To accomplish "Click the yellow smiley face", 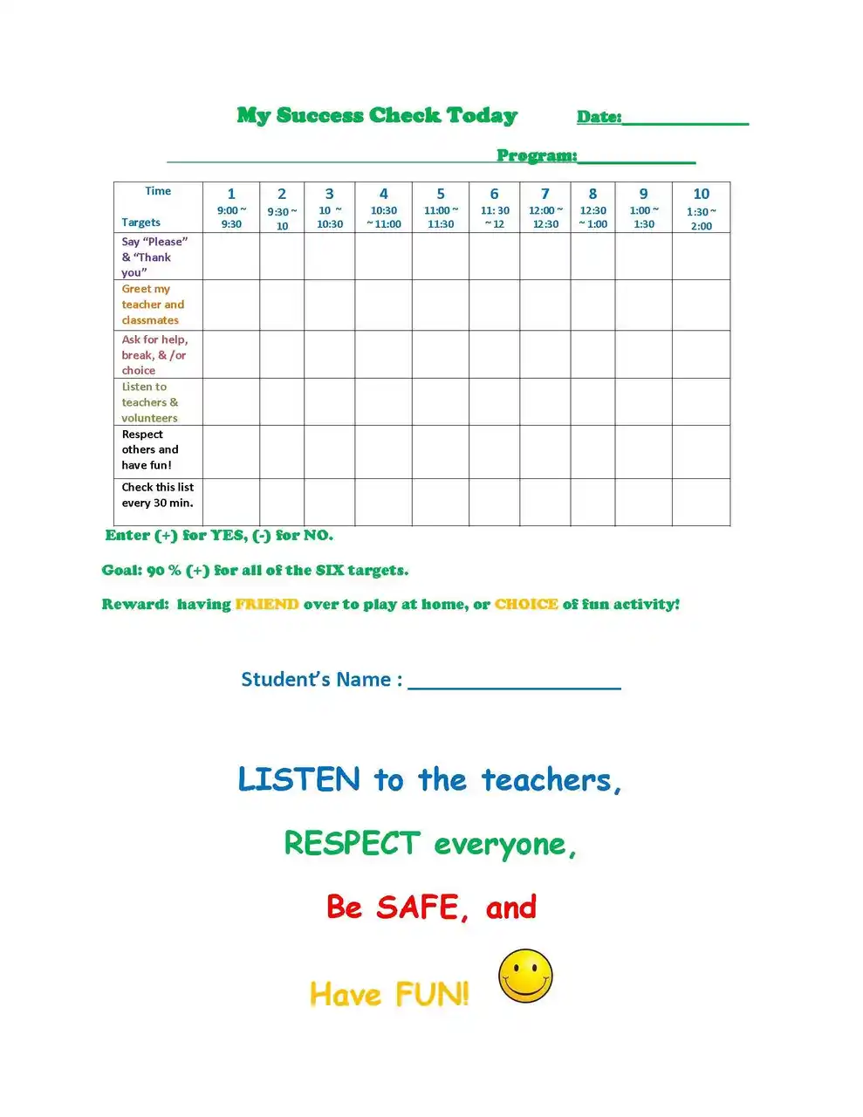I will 525,976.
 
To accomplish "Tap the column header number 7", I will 545,194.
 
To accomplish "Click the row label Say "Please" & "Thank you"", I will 154,257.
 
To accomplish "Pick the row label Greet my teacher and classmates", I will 153,305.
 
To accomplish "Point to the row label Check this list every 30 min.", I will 157,495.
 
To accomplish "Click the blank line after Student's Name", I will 514,682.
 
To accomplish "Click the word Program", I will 536,155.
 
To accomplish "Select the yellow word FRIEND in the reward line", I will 267,604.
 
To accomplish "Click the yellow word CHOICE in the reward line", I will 526,604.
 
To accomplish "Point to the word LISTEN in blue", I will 298,779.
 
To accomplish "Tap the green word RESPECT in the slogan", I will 353,844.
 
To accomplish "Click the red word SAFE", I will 418,908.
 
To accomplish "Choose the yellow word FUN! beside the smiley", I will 432,994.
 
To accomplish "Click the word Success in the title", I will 319,115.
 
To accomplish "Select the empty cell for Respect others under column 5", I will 441,452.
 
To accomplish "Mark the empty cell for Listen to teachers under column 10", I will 701,402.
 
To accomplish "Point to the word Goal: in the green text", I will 121,571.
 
